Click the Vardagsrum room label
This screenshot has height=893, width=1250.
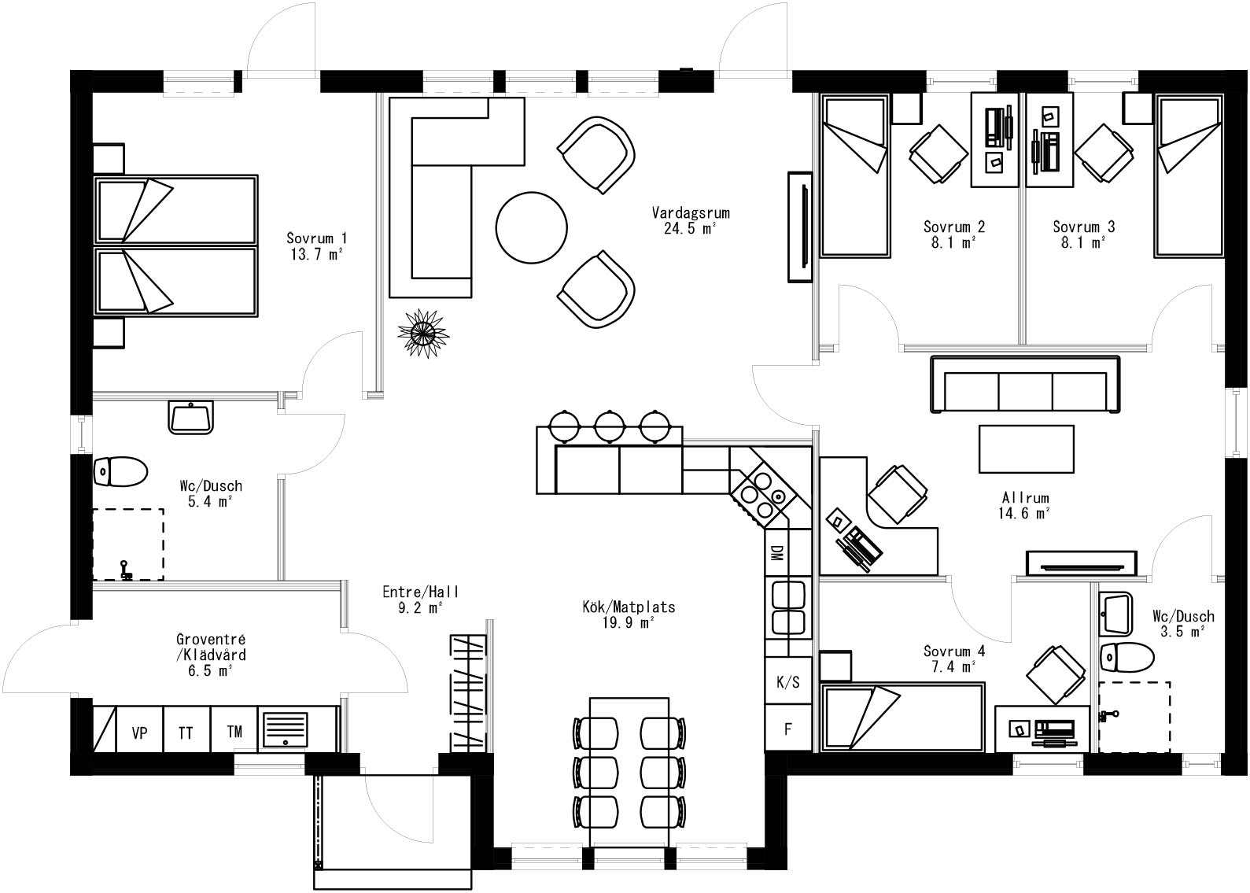691,212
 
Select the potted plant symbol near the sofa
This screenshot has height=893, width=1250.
424,334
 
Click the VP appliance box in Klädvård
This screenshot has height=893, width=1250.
140,732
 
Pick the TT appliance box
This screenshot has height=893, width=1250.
186,732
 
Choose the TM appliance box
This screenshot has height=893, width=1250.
234,732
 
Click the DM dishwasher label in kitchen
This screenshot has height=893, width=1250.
776,553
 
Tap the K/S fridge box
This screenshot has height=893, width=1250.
787,681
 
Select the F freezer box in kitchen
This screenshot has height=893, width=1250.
787,729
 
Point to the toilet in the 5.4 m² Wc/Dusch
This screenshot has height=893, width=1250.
120,472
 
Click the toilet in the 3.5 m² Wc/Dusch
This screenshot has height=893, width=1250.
1126,655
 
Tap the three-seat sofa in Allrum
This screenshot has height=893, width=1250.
1024,385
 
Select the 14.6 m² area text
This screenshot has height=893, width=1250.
1026,514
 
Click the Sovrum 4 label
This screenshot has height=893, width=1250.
953,651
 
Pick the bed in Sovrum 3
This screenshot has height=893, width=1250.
1188,177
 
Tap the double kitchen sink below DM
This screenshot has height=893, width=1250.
787,607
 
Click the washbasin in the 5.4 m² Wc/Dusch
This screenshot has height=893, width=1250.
190,416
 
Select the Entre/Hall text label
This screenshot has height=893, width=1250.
421,592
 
